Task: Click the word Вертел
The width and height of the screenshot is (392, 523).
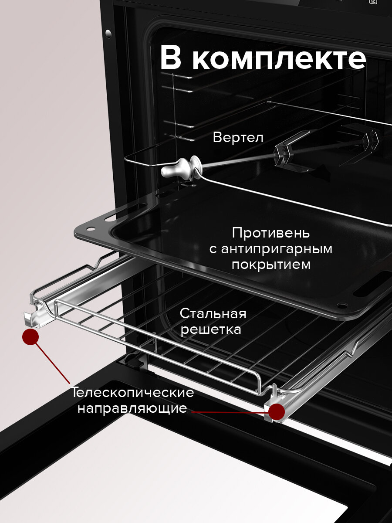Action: point(238,138)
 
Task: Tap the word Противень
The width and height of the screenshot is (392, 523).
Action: point(270,233)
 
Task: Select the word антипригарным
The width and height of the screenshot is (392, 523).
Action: point(277,249)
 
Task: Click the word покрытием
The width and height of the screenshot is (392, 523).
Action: point(271,265)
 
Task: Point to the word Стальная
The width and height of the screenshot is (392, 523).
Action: point(213,313)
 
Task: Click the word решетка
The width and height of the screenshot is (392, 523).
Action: point(211,329)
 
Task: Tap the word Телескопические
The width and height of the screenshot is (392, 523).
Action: point(133,392)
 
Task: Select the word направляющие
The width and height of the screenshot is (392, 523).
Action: point(132,408)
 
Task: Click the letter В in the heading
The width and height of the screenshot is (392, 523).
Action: point(170,58)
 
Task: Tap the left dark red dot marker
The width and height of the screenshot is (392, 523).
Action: point(30,337)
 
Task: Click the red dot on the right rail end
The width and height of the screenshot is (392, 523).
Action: point(277,411)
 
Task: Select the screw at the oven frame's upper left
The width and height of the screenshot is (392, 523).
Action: point(108,34)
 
